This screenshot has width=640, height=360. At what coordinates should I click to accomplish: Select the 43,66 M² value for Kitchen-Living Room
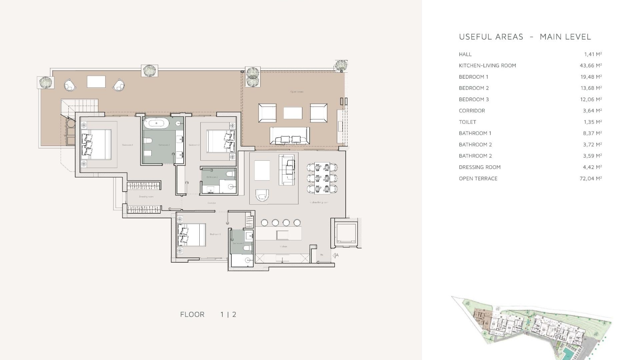tap(590, 66)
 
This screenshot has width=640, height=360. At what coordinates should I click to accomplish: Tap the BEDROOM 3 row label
tap(474, 99)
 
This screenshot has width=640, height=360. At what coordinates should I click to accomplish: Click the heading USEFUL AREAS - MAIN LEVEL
tap(525, 37)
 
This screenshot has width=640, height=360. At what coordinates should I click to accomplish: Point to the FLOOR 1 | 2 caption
tap(208, 314)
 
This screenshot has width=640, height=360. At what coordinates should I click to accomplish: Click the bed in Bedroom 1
tap(96, 144)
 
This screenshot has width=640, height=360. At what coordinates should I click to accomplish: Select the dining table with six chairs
tap(322, 178)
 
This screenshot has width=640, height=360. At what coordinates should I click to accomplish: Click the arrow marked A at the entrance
tap(336, 255)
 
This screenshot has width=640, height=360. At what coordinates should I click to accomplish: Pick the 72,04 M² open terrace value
tap(590, 179)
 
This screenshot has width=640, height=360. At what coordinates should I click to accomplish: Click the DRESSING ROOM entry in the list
tap(479, 167)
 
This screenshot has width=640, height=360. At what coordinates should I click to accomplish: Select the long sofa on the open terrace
tap(289, 136)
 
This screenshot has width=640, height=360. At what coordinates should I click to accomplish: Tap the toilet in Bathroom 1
tap(148, 141)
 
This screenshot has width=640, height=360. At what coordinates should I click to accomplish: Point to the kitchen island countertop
tap(278, 233)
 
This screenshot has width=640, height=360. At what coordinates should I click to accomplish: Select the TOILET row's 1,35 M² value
tap(592, 122)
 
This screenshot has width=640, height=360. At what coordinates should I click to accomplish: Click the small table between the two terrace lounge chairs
tap(96, 82)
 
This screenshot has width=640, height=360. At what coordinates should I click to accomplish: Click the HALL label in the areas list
tap(465, 54)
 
